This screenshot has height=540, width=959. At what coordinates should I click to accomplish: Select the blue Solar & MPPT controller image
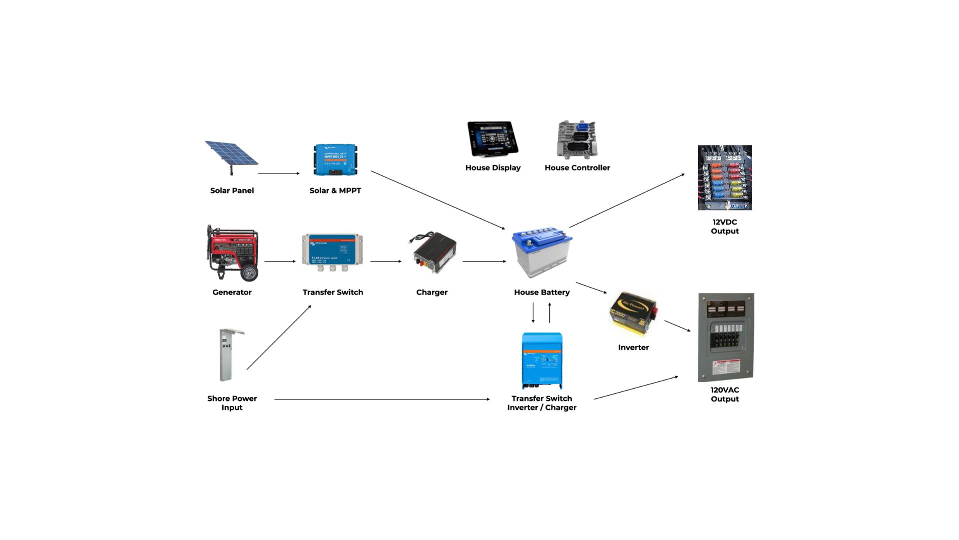[x=335, y=160]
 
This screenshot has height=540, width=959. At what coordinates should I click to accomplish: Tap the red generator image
[x=232, y=252]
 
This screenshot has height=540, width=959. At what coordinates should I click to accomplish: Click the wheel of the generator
[x=249, y=273]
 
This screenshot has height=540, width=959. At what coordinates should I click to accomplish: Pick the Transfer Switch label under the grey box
[x=333, y=292]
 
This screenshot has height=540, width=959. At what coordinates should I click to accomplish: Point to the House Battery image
[x=542, y=252]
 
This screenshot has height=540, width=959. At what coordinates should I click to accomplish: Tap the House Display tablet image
[x=492, y=138]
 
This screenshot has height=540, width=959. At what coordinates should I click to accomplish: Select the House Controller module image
[x=577, y=139]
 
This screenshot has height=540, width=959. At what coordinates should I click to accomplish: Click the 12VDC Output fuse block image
[x=725, y=177]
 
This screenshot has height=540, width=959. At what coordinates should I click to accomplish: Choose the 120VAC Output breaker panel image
[x=725, y=337]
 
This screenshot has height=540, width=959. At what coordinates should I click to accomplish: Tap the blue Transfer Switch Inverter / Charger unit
[x=542, y=360]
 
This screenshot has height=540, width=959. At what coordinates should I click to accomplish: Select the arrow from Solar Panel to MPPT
[x=279, y=173]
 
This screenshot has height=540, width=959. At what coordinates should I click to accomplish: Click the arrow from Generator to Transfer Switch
[x=280, y=261]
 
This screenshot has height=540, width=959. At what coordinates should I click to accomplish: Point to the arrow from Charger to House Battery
[x=484, y=261]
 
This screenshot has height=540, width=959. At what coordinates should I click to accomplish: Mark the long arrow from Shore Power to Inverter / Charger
[x=382, y=399]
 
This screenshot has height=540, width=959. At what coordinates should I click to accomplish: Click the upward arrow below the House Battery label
[x=550, y=313]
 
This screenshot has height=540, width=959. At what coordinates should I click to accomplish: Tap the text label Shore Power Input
[x=232, y=403]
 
